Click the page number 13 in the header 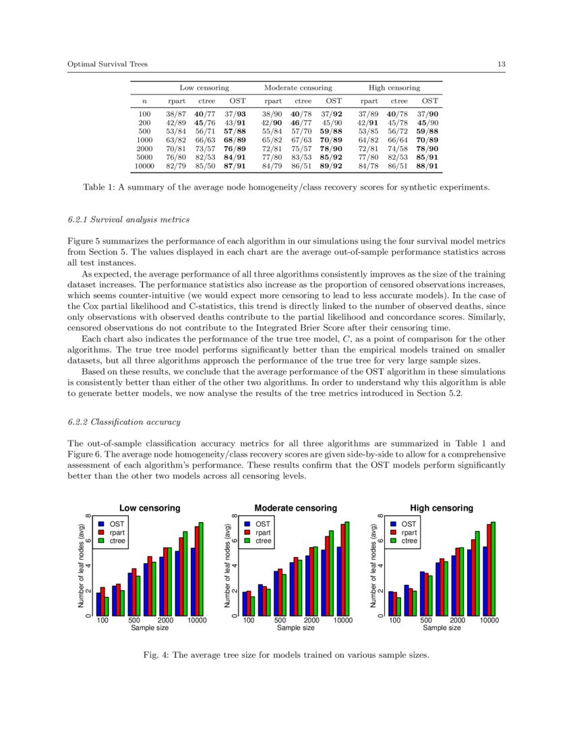click(502, 64)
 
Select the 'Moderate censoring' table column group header click(298, 88)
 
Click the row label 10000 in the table click(144, 166)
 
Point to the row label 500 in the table click(144, 132)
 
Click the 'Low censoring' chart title click(150, 508)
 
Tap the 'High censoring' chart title click(442, 508)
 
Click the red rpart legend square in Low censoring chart click(100, 532)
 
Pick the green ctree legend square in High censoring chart click(393, 541)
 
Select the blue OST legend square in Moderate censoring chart click(247, 523)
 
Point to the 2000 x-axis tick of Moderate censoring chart click(311, 620)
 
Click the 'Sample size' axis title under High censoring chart click(442, 628)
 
